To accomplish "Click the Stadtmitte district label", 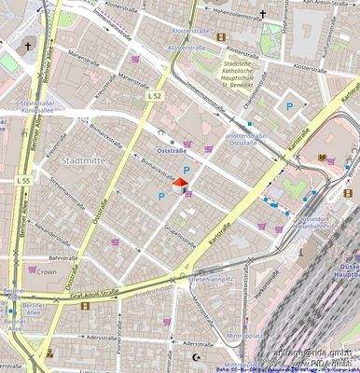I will (x=81, y=160).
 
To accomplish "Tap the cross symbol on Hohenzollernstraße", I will (x=263, y=14).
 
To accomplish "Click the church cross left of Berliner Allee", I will (x=28, y=45).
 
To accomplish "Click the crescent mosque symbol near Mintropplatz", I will (x=195, y=357).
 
